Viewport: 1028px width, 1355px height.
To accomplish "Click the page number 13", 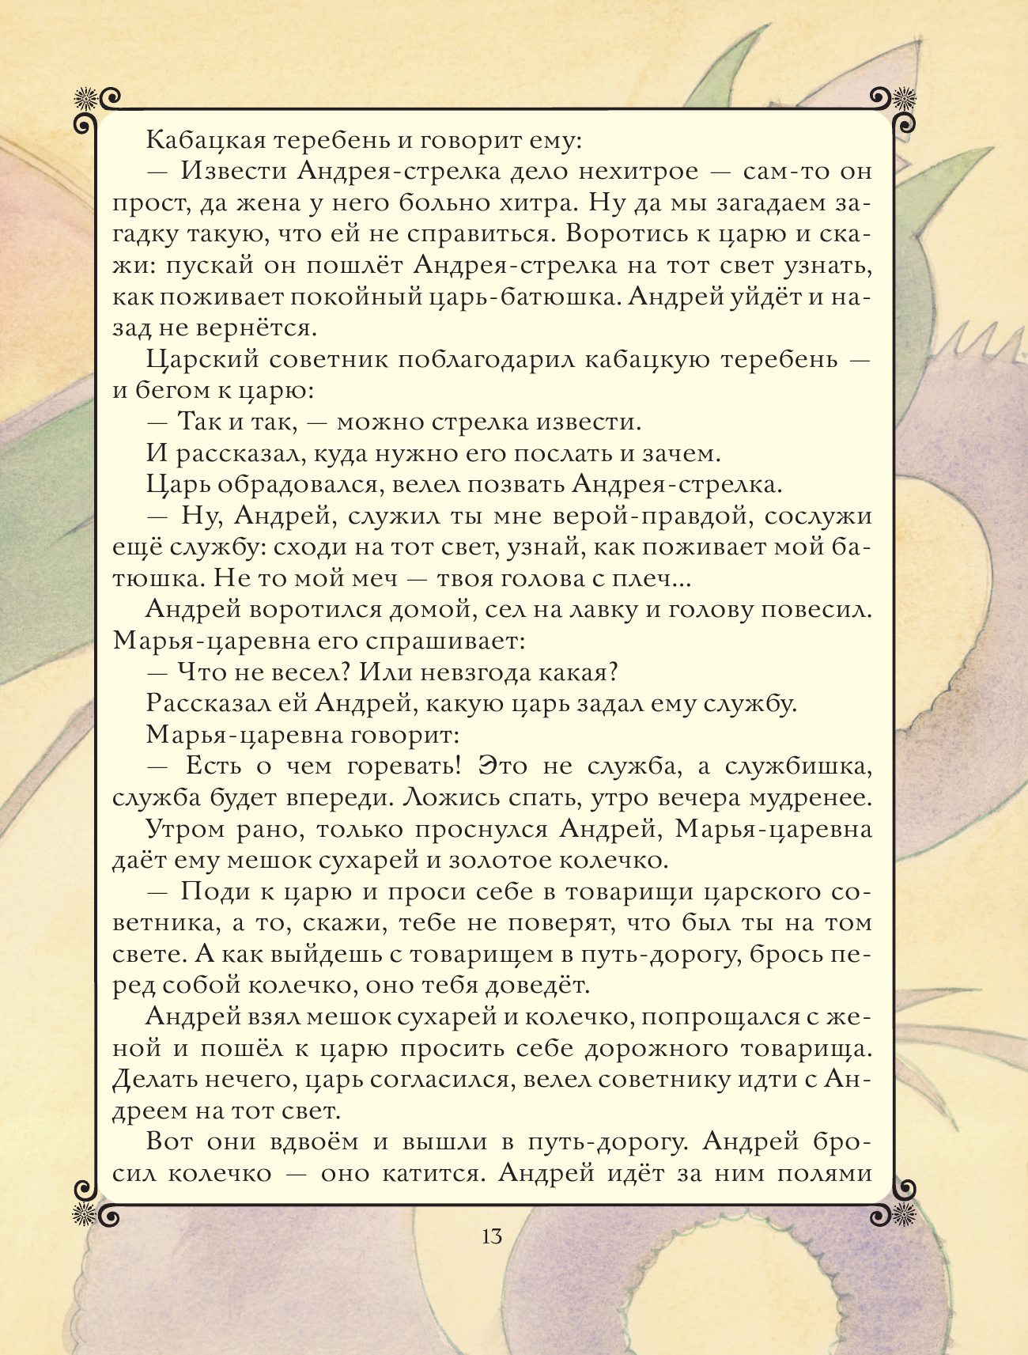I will [491, 1236].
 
